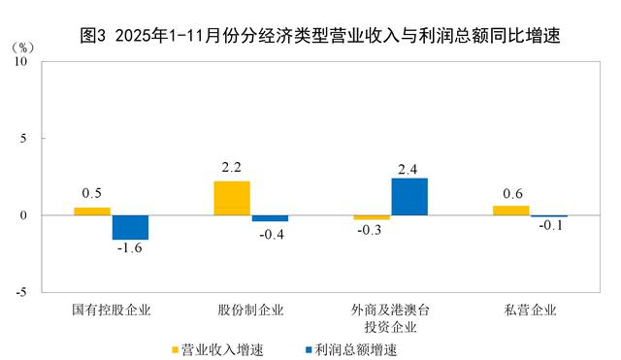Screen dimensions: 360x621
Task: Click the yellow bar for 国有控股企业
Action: [92, 211]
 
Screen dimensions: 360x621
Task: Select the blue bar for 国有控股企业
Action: [130, 227]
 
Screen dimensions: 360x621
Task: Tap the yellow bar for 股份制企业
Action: [232, 198]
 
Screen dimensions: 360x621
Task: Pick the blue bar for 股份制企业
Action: [270, 218]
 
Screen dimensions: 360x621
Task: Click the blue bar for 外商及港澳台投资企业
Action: [409, 196]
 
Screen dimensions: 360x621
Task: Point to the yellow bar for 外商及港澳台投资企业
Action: [372, 217]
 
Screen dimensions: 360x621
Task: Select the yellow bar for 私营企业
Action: [511, 210]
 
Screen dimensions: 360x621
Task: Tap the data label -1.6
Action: [131, 249]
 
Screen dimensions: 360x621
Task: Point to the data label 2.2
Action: [232, 168]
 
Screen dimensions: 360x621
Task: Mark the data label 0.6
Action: [511, 193]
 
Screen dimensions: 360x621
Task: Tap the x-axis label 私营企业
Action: [530, 311]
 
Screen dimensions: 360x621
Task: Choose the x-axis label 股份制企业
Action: [250, 311]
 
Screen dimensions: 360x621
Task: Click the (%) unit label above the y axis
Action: [22, 46]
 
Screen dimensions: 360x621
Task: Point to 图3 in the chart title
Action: [91, 37]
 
